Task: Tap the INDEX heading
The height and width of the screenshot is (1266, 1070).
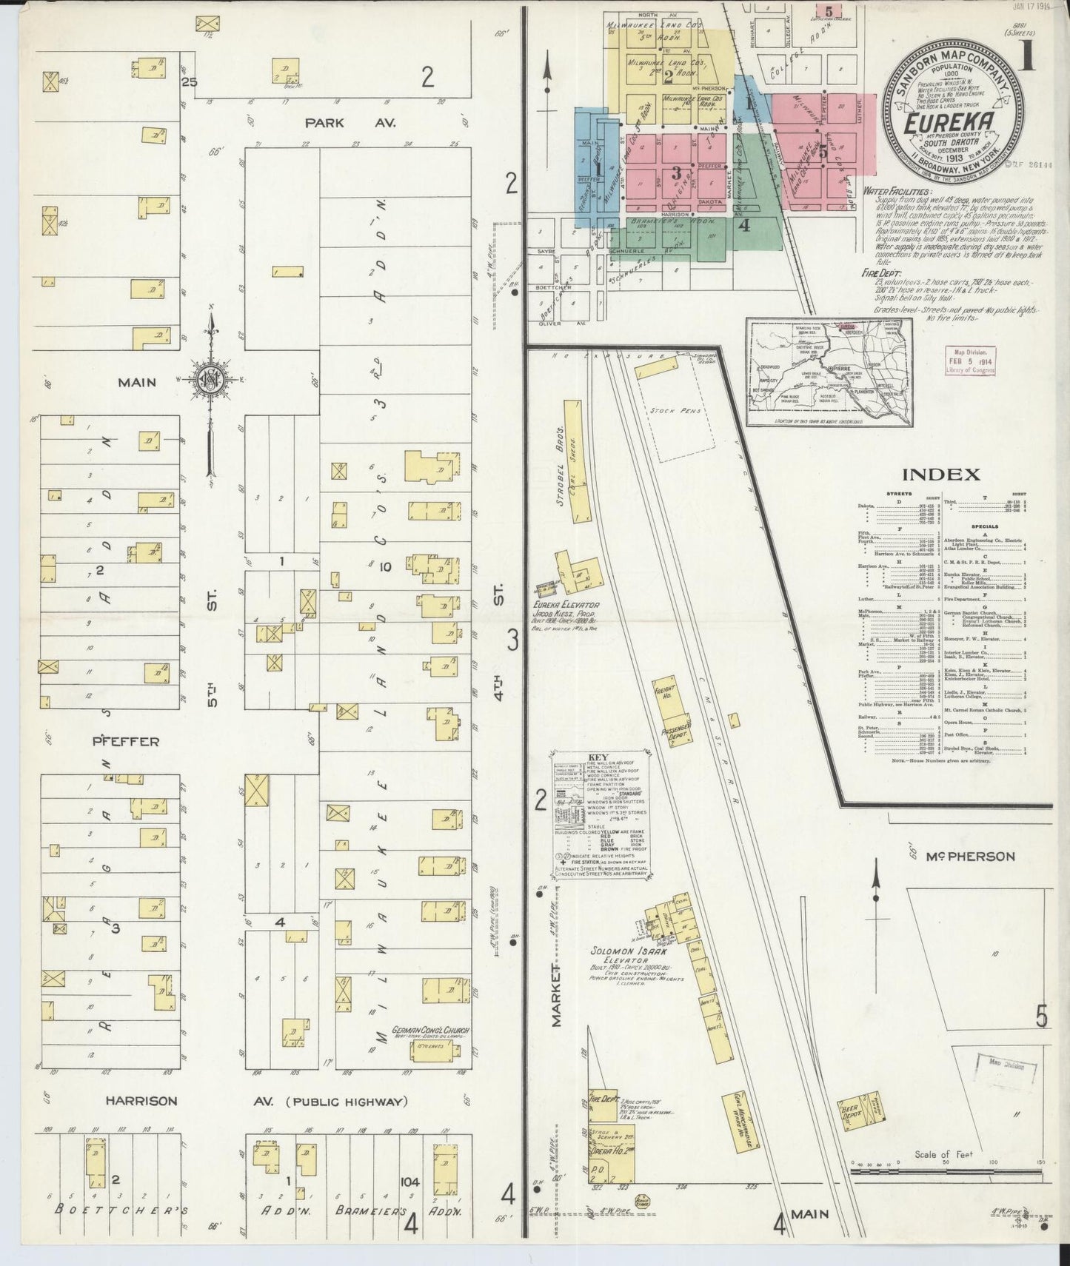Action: click(940, 475)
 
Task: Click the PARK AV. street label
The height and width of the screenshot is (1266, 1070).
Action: click(324, 123)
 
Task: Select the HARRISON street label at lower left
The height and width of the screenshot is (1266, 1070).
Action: click(141, 1101)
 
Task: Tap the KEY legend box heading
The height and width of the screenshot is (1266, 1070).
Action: click(597, 757)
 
